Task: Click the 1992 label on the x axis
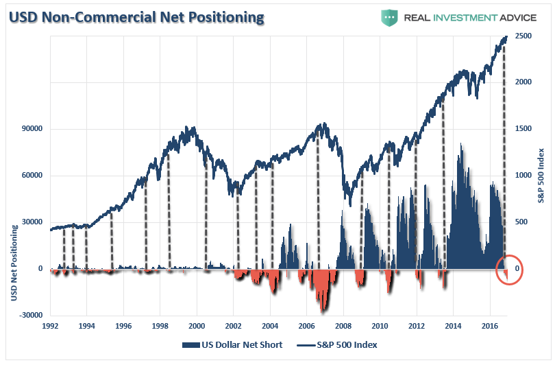pyautogui.click(x=50, y=326)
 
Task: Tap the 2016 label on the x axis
pyautogui.click(x=490, y=326)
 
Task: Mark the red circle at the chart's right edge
pyautogui.click(x=509, y=270)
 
